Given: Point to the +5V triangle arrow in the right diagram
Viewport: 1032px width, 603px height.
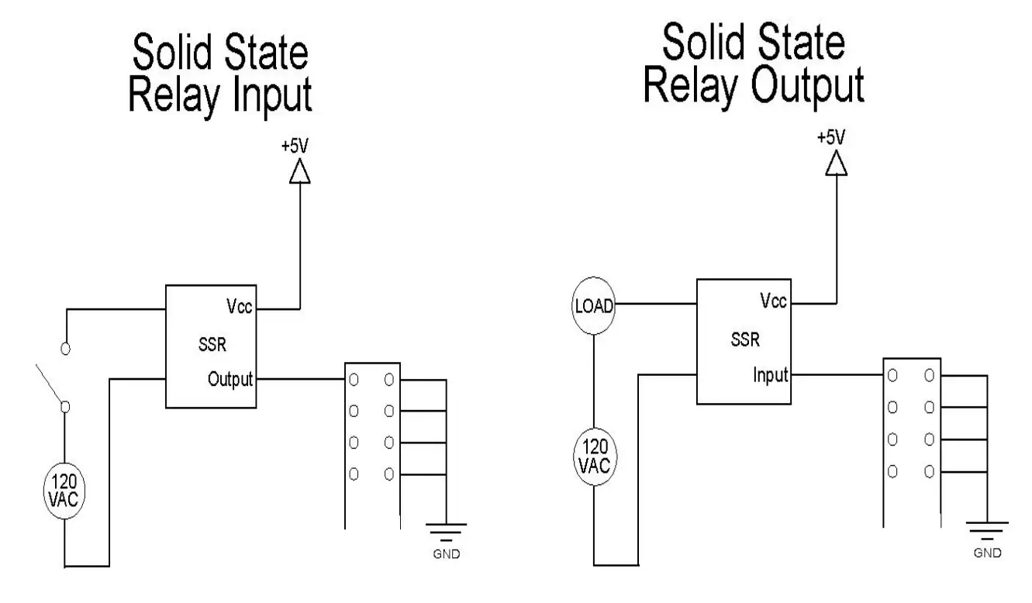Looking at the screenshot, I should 836,164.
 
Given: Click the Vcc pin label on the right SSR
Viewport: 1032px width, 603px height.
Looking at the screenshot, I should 773,302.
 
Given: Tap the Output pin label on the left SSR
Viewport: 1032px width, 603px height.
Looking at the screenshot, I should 231,380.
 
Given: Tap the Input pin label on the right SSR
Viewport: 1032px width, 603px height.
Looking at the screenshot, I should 770,375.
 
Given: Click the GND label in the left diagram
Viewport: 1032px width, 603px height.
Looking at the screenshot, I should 447,555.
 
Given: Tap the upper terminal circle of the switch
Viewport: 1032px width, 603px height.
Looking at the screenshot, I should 66,349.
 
